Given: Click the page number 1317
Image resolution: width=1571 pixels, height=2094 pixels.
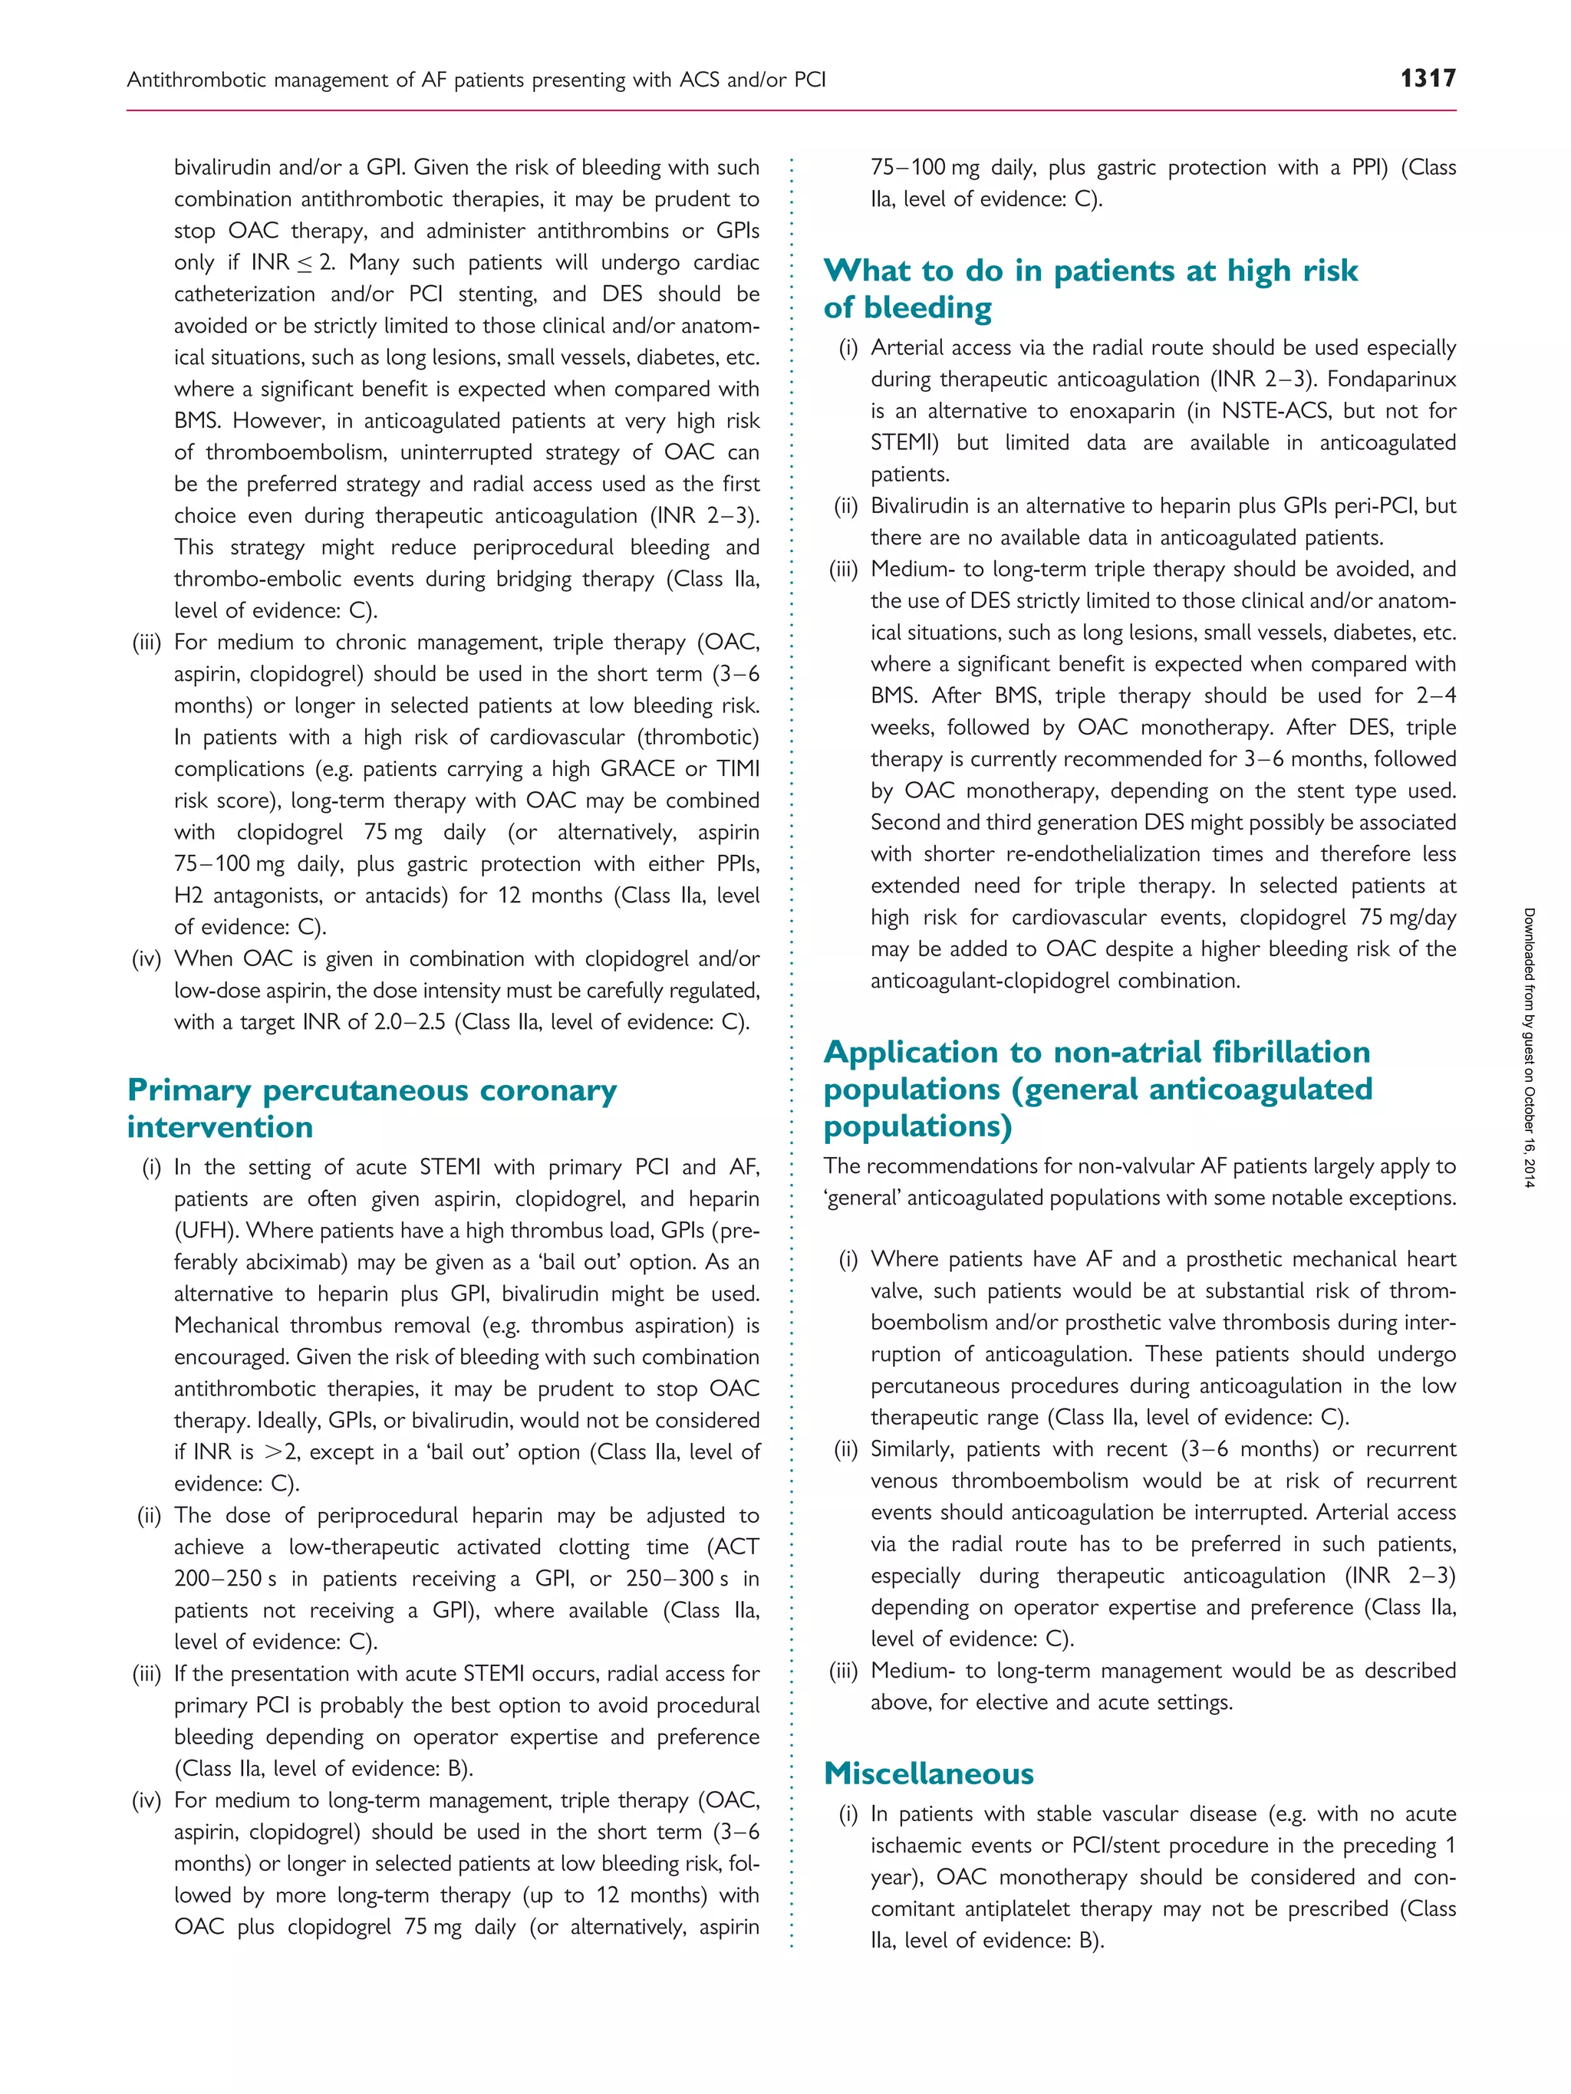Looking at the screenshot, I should (1428, 77).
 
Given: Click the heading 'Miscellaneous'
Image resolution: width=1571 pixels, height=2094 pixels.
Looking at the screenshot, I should (928, 1773).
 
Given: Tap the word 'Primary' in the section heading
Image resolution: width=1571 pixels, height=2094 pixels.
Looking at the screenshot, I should (189, 1090).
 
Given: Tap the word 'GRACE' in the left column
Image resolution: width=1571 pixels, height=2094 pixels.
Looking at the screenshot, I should (638, 769).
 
